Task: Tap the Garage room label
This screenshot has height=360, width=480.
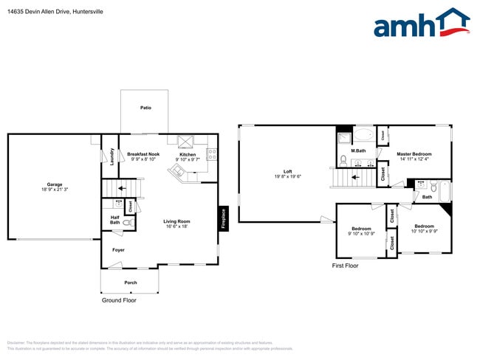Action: [x=55, y=184]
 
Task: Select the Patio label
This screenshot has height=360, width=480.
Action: [x=146, y=108]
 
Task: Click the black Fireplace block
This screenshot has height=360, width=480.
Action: [x=222, y=218]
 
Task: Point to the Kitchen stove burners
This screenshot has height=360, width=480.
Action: [x=212, y=155]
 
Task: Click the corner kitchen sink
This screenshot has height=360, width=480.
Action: [x=176, y=172]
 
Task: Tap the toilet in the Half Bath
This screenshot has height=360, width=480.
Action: [x=127, y=221]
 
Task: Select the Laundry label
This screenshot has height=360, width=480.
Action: [x=112, y=156]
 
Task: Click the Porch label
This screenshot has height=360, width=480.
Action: [x=130, y=283]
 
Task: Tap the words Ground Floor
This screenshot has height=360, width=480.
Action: [x=119, y=300]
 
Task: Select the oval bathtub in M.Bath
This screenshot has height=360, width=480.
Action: [x=366, y=136]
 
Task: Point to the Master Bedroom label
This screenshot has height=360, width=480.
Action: [x=414, y=153]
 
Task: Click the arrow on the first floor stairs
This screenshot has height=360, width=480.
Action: [x=354, y=177]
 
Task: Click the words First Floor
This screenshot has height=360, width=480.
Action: [x=345, y=266]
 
